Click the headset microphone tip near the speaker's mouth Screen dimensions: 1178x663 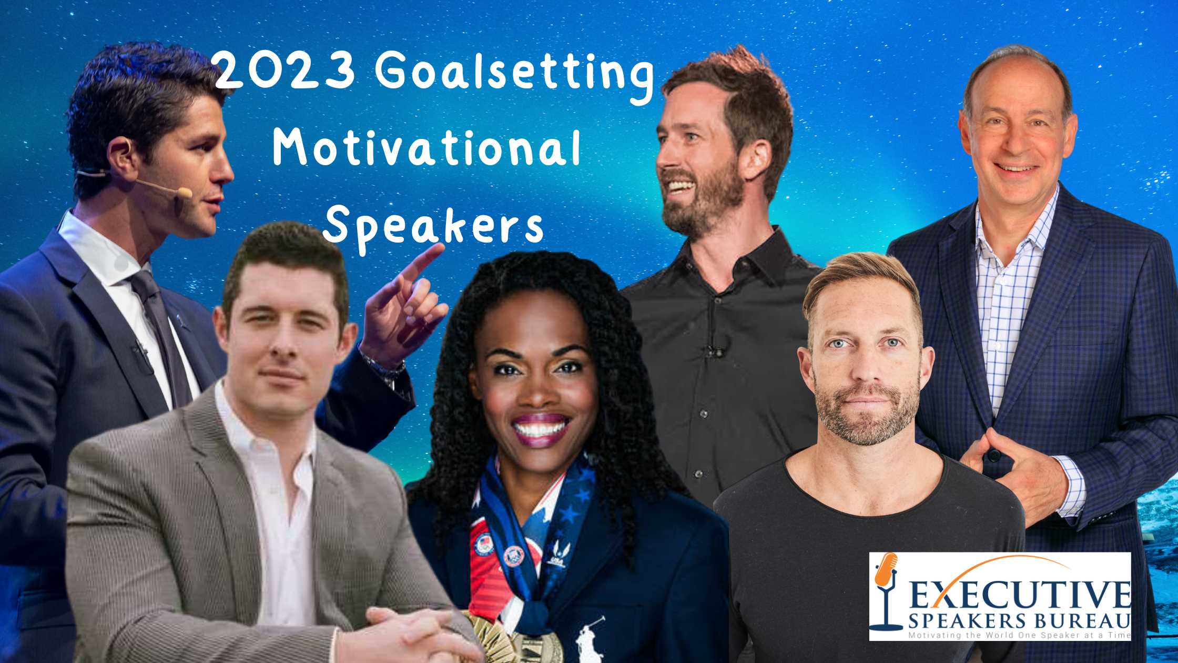pyautogui.click(x=185, y=193)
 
